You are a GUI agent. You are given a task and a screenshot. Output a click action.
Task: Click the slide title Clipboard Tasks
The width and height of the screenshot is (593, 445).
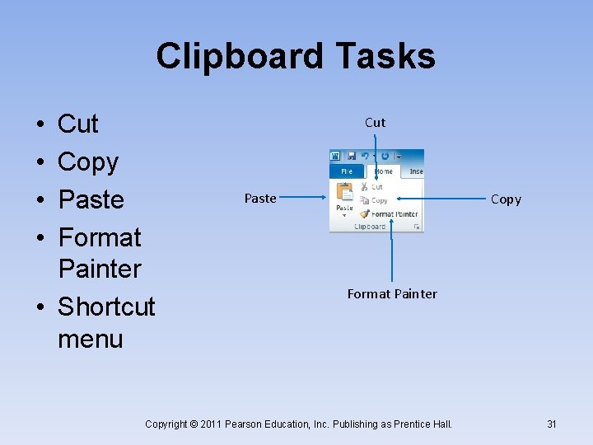click(296, 56)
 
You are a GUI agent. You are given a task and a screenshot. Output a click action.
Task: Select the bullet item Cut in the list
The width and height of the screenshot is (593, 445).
click(77, 124)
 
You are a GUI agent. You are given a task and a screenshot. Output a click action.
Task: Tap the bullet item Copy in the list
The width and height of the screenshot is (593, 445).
click(87, 162)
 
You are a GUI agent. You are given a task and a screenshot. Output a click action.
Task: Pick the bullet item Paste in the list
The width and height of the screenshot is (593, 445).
click(91, 199)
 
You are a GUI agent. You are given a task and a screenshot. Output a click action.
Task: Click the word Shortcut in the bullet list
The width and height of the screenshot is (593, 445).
click(106, 307)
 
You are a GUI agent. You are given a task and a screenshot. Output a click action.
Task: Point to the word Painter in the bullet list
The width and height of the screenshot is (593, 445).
click(100, 269)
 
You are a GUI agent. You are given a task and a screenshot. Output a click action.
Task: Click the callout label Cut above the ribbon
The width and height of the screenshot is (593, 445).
click(375, 123)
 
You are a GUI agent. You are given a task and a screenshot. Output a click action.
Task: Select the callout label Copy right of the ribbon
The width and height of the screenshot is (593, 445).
click(506, 199)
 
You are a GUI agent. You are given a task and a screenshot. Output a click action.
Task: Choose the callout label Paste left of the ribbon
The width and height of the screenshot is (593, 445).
click(260, 199)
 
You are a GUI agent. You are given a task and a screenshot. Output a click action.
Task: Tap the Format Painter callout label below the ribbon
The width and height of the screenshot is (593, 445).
click(392, 294)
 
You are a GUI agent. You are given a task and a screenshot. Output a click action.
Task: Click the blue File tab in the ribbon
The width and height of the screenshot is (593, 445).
click(346, 171)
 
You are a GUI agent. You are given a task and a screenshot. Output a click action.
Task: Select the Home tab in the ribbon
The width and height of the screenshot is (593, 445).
click(384, 171)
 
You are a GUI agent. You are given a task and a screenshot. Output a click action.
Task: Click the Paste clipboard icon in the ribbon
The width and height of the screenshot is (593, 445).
click(344, 194)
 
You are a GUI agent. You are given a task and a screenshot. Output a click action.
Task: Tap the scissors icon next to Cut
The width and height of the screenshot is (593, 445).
click(364, 187)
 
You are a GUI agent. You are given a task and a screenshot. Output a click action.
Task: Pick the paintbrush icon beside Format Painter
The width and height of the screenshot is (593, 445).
click(364, 213)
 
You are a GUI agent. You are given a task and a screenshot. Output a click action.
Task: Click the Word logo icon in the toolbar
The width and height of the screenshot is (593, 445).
click(335, 156)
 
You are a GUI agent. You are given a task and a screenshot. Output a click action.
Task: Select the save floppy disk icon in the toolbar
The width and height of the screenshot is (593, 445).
click(351, 156)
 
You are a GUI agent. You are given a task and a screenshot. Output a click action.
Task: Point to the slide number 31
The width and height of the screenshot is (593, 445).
click(552, 424)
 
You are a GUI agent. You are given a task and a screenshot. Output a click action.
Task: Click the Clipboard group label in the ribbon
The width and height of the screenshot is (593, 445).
click(370, 226)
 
